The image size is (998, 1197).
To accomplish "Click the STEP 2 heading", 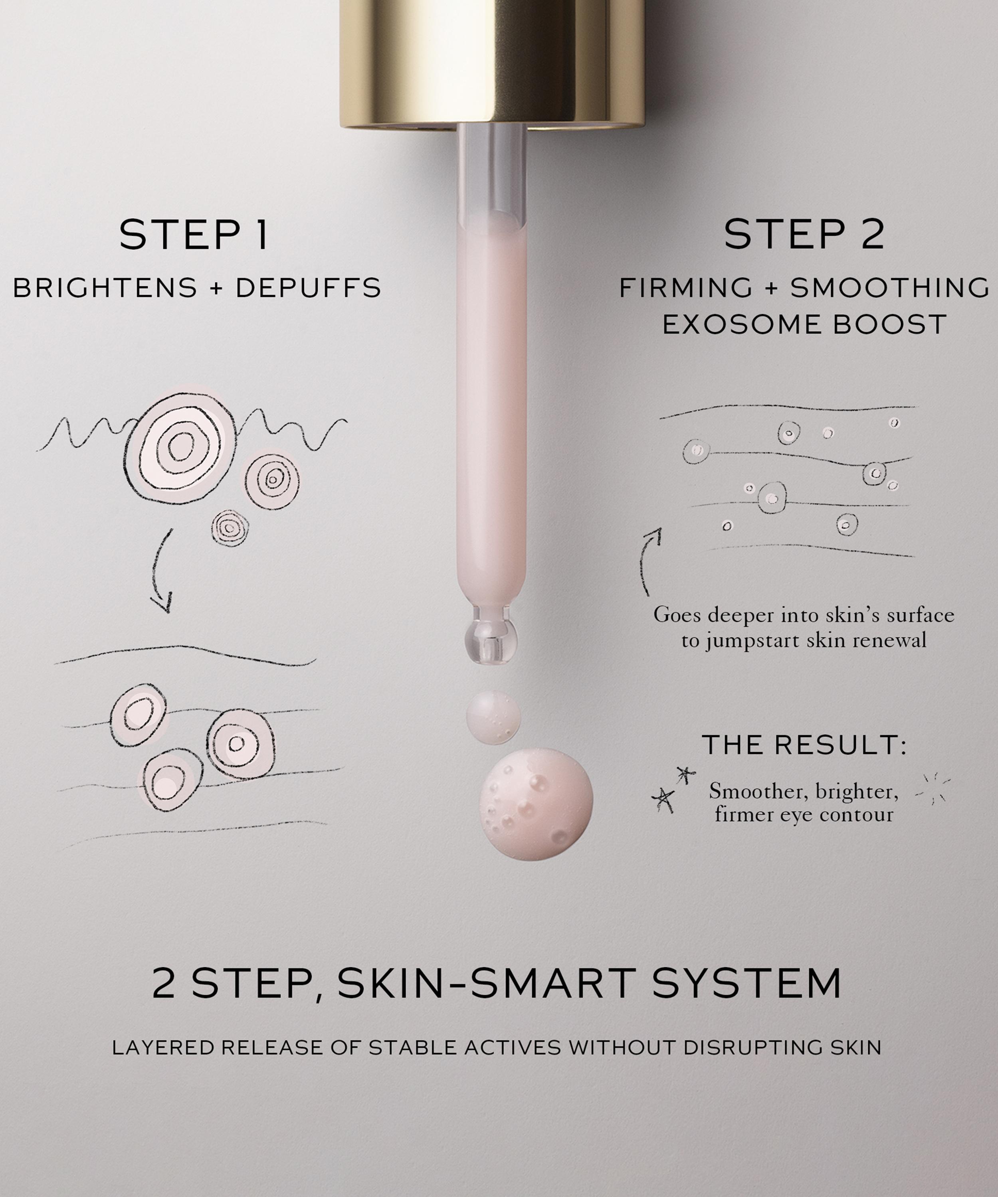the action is click(x=804, y=234).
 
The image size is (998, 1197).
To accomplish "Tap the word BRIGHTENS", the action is click(x=105, y=288).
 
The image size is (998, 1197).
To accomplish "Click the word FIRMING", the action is click(x=685, y=288).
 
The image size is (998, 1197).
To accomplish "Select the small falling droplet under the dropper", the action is click(x=493, y=718).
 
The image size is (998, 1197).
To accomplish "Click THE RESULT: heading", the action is click(x=804, y=745).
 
